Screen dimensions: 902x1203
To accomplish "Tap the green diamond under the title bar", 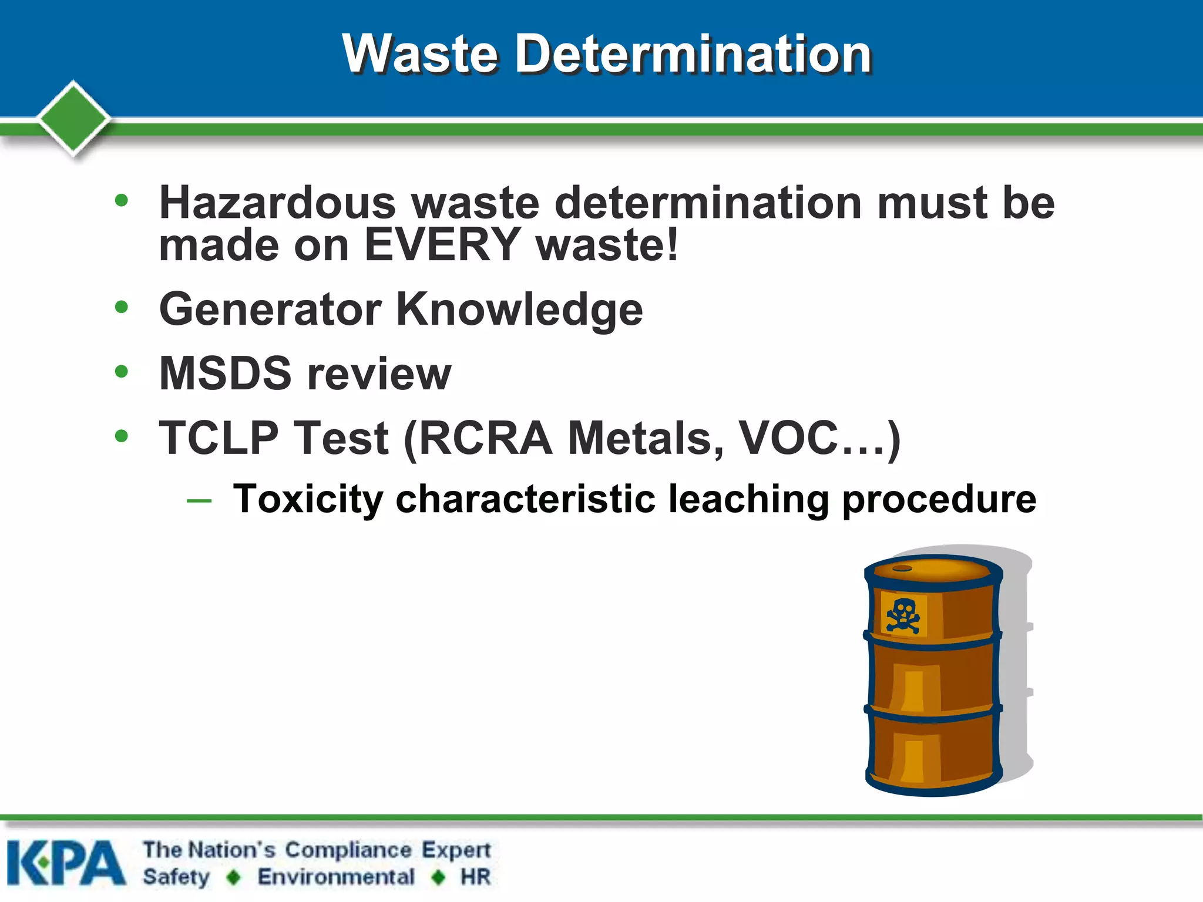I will point(73,117).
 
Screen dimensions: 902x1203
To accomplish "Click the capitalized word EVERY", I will point(442,244).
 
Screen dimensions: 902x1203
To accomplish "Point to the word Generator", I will point(270,309).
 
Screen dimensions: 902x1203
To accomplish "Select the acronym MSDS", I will point(225,373).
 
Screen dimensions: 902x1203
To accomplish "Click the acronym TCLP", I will point(219,438).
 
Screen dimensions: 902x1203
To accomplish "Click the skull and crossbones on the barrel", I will point(902,615).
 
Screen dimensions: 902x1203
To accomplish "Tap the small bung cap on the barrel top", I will point(902,568).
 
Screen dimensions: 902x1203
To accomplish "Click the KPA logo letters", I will point(66,863).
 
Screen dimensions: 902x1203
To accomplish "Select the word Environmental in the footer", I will point(336,877).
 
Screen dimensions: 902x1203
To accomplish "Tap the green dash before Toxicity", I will point(199,501).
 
